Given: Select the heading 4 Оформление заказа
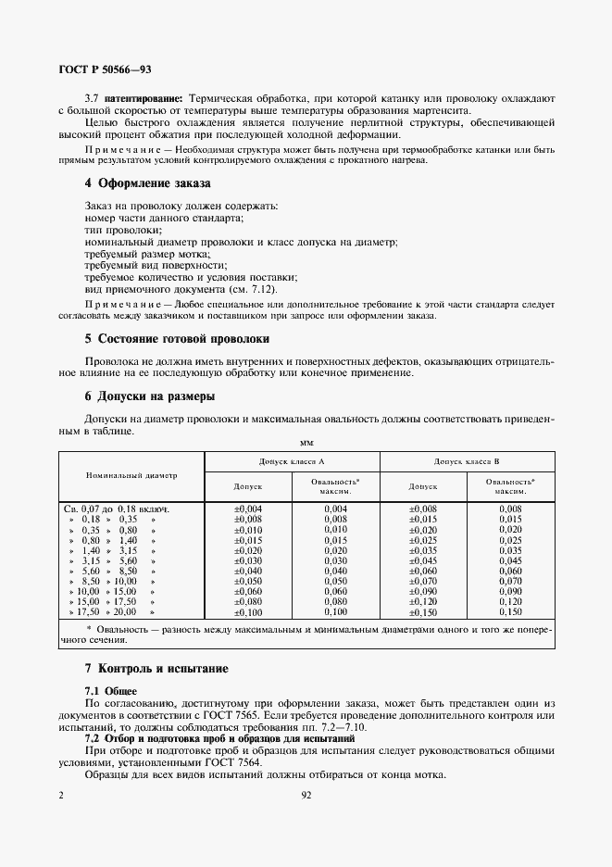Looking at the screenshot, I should [x=147, y=184].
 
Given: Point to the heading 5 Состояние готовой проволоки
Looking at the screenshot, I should [x=177, y=339].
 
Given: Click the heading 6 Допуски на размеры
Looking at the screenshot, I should [x=149, y=396].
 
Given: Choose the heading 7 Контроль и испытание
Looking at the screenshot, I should [x=156, y=669].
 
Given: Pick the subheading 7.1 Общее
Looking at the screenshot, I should [x=111, y=691].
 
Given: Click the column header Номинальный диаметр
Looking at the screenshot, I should [x=131, y=475].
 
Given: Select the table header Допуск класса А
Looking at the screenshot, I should [x=292, y=461].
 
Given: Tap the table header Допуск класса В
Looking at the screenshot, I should [x=468, y=461].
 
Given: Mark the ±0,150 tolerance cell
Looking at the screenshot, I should [x=422, y=613].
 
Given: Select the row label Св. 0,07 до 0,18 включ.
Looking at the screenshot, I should [x=119, y=509].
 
